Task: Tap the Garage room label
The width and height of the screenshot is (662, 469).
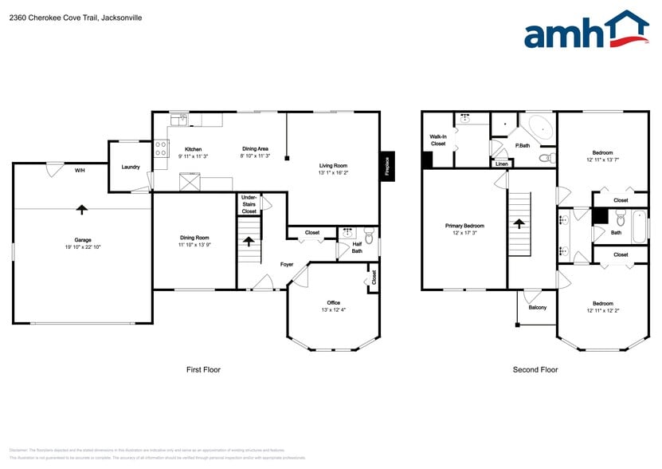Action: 83,240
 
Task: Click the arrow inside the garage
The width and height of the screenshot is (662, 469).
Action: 81,209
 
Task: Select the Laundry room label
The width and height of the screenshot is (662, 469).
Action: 131,167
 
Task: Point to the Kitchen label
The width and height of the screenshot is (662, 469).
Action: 193,149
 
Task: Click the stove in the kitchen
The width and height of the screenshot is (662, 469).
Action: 161,148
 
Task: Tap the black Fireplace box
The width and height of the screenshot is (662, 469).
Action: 387,167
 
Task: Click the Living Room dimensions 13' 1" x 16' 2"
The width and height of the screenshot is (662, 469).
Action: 333,172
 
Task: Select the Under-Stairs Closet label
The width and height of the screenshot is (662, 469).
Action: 249,204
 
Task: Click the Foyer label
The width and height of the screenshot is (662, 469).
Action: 287,264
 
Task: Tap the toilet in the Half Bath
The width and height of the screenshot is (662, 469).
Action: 368,237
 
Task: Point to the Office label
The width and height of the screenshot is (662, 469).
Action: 333,302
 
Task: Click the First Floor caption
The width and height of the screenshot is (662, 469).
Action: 203,369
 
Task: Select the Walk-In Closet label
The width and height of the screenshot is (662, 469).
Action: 437,140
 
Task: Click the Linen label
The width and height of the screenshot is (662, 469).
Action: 501,164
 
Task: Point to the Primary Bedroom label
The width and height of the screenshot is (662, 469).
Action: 464,226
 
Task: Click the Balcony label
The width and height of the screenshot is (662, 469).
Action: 537,307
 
